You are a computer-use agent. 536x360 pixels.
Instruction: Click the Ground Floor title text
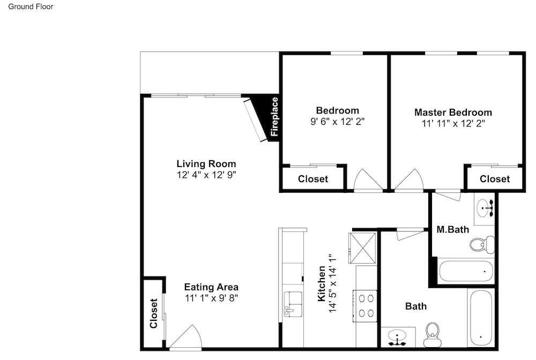pyautogui.click(x=31, y=6)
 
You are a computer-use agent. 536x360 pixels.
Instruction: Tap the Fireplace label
pyautogui.click(x=274, y=117)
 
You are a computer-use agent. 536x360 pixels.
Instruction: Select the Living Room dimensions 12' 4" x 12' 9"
pyautogui.click(x=206, y=175)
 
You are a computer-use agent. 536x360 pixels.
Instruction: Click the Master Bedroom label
pyautogui.click(x=453, y=112)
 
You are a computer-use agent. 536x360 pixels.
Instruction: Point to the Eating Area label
pyautogui.click(x=211, y=287)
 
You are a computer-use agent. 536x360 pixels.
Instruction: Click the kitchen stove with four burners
pyautogui.click(x=366, y=306)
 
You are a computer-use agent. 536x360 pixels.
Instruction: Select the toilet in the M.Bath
pyautogui.click(x=482, y=244)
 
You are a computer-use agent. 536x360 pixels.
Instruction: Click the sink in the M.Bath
pyautogui.click(x=484, y=207)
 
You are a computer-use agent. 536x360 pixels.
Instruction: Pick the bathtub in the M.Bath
pyautogui.click(x=466, y=271)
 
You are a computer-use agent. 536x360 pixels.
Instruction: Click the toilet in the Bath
pyautogui.click(x=433, y=334)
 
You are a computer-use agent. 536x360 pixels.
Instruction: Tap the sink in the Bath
pyautogui.click(x=397, y=336)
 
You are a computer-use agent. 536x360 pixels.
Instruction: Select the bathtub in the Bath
pyautogui.click(x=481, y=318)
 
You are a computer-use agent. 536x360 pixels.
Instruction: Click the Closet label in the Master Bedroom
pyautogui.click(x=495, y=179)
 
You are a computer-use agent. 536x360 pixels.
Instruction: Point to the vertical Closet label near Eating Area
pyautogui.click(x=153, y=313)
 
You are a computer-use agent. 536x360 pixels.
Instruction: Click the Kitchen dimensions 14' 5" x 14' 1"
pyautogui.click(x=333, y=283)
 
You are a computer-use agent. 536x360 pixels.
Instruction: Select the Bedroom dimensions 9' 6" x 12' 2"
pyautogui.click(x=337, y=122)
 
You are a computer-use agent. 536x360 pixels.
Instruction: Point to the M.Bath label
pyautogui.click(x=453, y=229)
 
